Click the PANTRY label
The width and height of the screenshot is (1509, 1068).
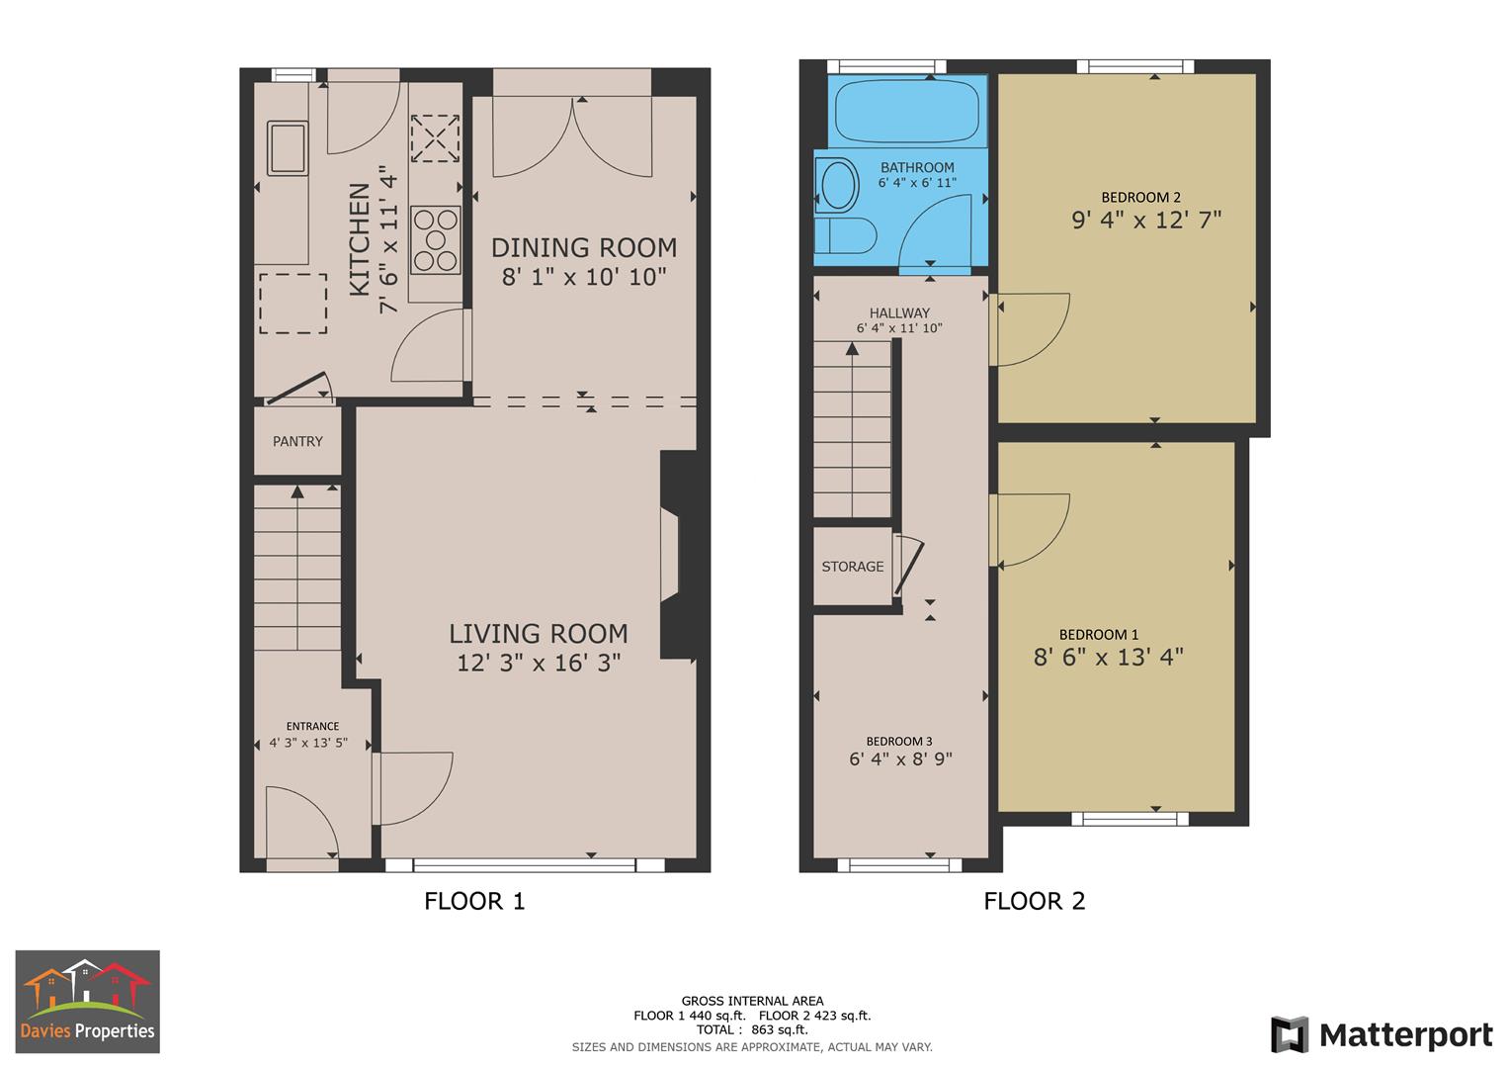[x=297, y=442]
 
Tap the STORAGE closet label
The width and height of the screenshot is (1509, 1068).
[x=853, y=567]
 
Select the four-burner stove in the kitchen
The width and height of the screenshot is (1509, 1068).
[x=436, y=239]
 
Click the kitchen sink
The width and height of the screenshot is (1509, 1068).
[x=288, y=147]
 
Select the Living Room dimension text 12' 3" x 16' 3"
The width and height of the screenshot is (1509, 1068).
[x=539, y=663]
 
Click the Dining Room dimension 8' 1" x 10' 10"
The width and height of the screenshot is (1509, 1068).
[x=584, y=277]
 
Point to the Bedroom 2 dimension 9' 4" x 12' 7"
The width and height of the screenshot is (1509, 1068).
[x=1146, y=220]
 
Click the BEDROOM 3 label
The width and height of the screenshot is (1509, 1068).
[x=898, y=742]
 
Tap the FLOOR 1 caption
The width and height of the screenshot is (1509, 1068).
[x=474, y=901]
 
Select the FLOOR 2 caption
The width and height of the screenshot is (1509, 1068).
[x=1034, y=901]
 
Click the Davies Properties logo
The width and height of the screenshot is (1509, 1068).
[x=88, y=1002]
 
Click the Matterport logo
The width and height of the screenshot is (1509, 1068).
[x=1382, y=1035]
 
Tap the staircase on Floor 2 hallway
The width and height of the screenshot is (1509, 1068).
[x=852, y=430]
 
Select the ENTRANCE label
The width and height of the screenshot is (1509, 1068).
[x=312, y=726]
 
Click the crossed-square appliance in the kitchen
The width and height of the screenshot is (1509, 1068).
[x=436, y=138]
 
